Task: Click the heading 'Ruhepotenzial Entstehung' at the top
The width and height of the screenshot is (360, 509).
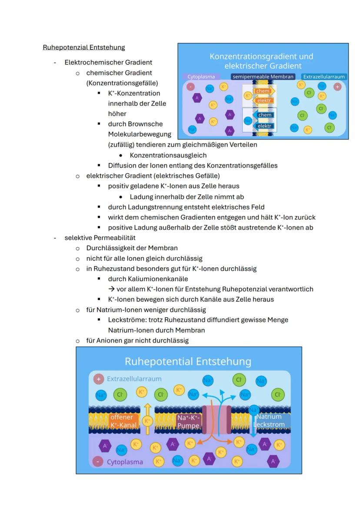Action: [x=83, y=47]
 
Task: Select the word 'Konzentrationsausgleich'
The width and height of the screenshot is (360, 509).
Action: [x=168, y=155]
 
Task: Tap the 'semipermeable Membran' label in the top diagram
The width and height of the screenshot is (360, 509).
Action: [x=263, y=77]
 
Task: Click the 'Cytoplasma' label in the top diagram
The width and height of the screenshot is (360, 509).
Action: [x=201, y=77]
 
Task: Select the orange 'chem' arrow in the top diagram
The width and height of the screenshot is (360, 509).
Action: [x=263, y=91]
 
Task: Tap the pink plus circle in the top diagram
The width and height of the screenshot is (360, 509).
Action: [x=337, y=86]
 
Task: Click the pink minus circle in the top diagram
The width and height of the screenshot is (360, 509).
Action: [x=190, y=86]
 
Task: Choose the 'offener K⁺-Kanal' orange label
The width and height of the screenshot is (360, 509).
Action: [x=123, y=421]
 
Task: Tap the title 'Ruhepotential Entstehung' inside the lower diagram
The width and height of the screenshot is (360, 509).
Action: [x=188, y=362]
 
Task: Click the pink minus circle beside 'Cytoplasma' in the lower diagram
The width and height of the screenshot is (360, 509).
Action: [x=99, y=462]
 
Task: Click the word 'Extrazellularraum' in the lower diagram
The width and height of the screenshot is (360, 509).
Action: [x=134, y=379]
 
